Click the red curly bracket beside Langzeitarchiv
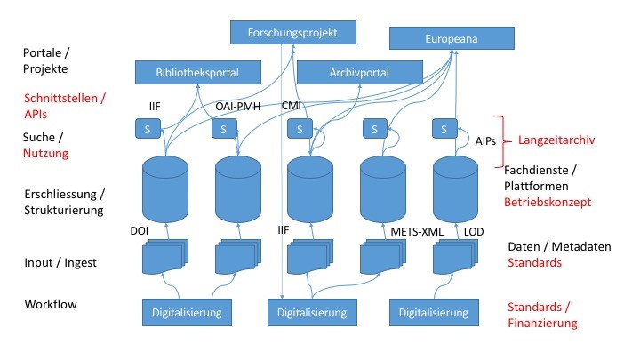pyautogui.click(x=500, y=140)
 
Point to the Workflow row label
pyautogui.click(x=50, y=305)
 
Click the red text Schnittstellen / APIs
pyautogui.click(x=64, y=106)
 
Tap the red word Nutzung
pyautogui.click(x=45, y=154)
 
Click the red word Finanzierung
pyautogui.click(x=542, y=323)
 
